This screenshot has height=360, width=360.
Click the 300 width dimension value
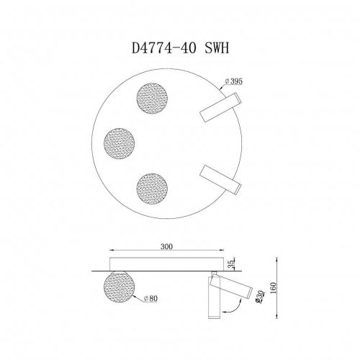click(166, 245)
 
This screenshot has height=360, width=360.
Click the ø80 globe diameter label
click(151, 297)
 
